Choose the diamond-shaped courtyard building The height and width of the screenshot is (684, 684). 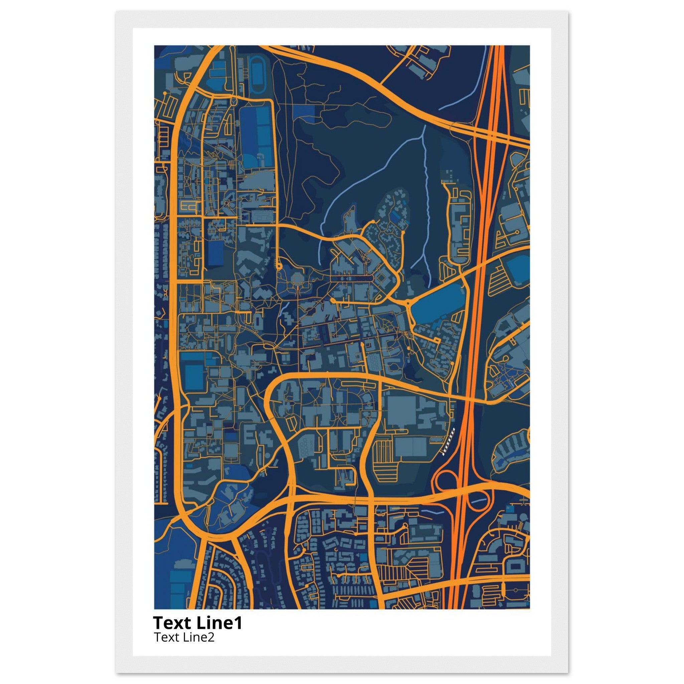(381, 280)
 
